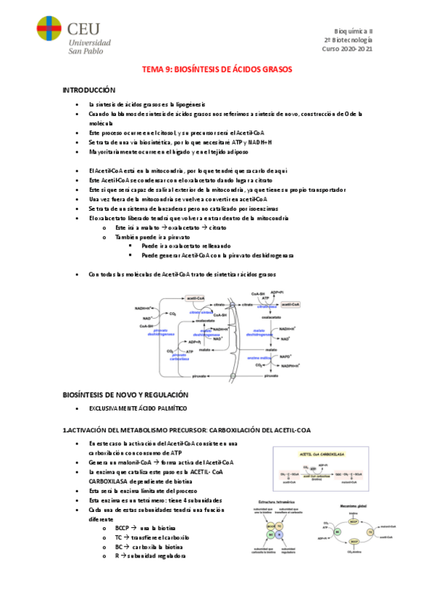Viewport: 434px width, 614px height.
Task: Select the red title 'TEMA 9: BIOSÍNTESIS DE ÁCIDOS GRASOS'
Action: point(217,70)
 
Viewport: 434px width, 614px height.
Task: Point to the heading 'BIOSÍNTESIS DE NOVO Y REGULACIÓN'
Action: point(125,395)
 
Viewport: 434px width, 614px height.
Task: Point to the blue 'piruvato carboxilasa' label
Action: point(179,356)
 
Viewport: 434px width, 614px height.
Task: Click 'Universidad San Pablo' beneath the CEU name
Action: point(89,46)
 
